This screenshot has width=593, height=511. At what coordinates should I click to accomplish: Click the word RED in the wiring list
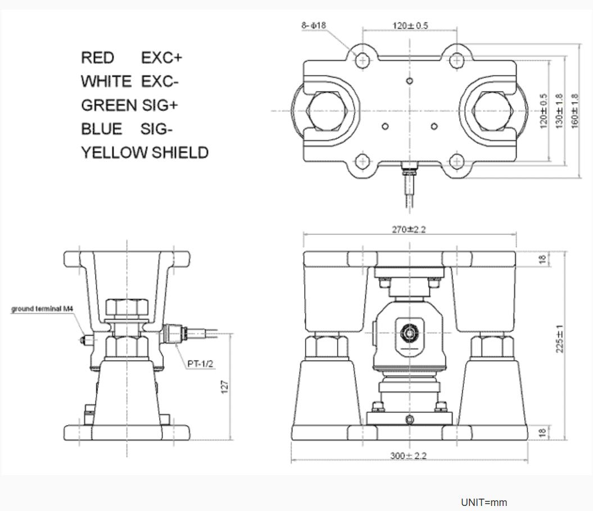click(97, 58)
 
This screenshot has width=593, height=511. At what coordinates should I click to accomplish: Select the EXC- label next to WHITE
click(160, 82)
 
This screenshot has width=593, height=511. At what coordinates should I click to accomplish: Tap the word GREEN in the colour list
click(108, 105)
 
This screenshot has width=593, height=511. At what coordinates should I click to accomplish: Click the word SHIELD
click(180, 153)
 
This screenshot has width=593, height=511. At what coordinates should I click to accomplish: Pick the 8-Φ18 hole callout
click(313, 25)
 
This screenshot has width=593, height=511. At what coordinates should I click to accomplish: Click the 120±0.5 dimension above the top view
click(410, 26)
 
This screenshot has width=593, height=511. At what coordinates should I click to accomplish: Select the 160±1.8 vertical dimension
click(574, 111)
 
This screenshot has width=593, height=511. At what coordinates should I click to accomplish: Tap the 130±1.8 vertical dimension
click(559, 111)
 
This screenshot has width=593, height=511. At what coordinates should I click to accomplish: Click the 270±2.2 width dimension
click(409, 229)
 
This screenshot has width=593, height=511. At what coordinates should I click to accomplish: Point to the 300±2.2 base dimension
click(408, 455)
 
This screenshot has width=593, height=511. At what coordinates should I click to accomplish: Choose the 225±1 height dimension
click(559, 339)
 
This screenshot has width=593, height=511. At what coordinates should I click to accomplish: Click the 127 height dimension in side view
click(225, 386)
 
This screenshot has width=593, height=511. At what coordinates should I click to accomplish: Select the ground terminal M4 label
click(42, 309)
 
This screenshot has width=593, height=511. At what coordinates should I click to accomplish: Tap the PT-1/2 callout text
click(200, 364)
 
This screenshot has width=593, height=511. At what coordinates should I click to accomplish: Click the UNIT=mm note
click(483, 502)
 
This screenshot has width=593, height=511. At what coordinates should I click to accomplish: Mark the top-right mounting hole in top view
click(458, 59)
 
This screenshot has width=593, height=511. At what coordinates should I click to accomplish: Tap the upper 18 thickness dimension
click(542, 259)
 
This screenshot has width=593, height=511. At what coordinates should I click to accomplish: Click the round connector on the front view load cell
click(409, 334)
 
